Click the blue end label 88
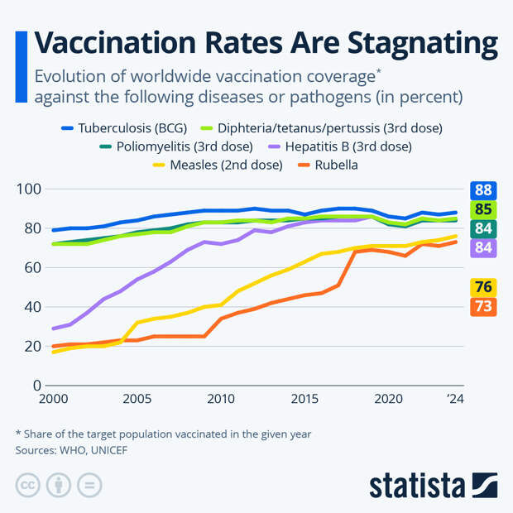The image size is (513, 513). pyautogui.click(x=483, y=189)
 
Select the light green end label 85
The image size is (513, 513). pyautogui.click(x=483, y=209)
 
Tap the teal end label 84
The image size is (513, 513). pyautogui.click(x=483, y=228)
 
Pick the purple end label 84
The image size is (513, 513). pyautogui.click(x=483, y=247)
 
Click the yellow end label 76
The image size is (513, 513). pyautogui.click(x=483, y=287)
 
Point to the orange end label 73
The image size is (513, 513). pyautogui.click(x=483, y=306)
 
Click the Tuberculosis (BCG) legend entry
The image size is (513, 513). pyautogui.click(x=124, y=128)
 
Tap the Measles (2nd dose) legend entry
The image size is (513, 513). pyautogui.click(x=217, y=165)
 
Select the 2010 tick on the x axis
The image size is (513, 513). pyautogui.click(x=221, y=399)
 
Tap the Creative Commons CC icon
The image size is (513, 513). pyautogui.click(x=28, y=485)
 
